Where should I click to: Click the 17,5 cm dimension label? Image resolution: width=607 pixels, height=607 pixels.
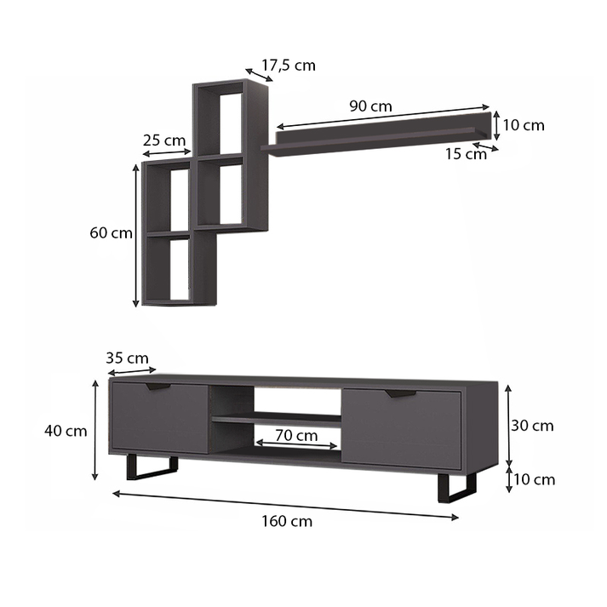288,65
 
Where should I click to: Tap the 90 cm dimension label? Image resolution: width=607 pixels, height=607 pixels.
370,106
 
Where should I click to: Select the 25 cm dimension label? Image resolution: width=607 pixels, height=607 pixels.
163,140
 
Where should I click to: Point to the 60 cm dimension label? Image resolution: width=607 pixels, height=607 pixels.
111,232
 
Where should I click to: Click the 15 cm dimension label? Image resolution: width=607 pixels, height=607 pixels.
464,154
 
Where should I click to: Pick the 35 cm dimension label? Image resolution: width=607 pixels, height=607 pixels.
127,358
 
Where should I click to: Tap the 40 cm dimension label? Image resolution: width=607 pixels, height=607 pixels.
66,431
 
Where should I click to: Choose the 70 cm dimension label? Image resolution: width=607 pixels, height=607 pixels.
296,435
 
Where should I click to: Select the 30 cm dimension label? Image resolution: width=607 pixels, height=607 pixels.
532,425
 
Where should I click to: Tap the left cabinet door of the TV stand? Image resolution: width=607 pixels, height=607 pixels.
160,418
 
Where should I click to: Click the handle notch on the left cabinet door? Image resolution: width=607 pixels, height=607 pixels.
158,387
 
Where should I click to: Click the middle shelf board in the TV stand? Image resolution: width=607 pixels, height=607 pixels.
276,418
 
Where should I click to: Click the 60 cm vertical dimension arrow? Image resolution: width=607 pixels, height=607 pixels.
136,235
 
